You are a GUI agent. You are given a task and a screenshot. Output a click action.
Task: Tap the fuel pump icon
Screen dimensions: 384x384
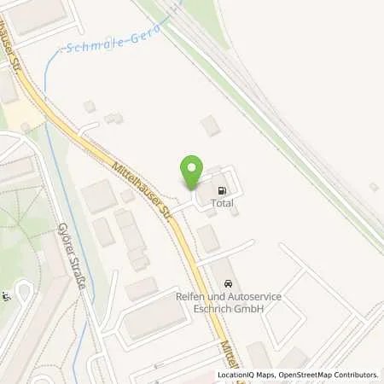coord(223,191)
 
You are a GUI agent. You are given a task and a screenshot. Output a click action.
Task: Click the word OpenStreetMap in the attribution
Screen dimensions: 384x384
coord(304,375)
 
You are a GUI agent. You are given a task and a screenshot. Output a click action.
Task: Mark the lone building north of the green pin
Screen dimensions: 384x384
coord(210,126)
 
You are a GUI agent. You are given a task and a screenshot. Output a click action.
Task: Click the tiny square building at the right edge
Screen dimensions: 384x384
coord(373,186)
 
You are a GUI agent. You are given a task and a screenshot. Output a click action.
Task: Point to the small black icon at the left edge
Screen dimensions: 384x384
coord(6,296)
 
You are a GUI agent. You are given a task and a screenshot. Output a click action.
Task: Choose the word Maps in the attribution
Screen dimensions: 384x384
coord(265,375)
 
